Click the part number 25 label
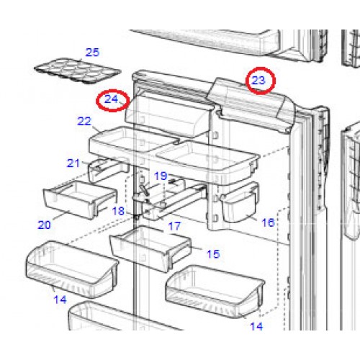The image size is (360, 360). point(93,53)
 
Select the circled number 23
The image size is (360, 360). point(258,81)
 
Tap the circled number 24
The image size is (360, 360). point(111,99)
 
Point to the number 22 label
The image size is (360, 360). point(84,121)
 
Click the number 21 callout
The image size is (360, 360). point(73,163)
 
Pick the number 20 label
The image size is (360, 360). point(44,225)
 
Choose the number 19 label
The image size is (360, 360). point(161,176)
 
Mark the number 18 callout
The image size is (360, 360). point(118,211)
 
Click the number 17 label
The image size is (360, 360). point(174,226)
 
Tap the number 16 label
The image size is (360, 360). point(268,222)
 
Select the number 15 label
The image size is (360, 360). point(213,254)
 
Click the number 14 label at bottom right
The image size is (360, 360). point(256,326)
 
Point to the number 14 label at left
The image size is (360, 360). point(60,300)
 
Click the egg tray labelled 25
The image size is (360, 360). point(77,71)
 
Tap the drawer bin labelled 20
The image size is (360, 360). point(81,199)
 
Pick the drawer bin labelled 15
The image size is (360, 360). point(150,248)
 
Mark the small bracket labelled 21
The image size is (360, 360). point(108,169)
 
